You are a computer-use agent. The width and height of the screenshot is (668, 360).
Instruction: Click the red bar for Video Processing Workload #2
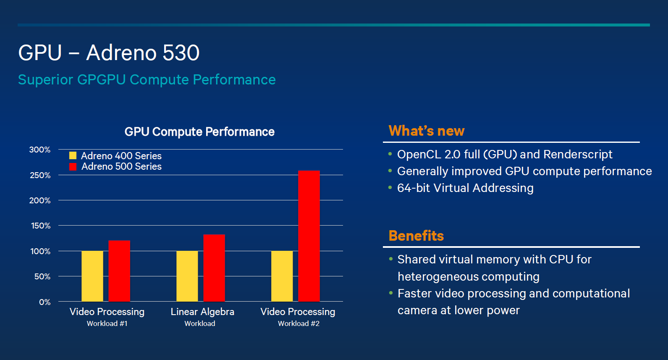click(309, 236)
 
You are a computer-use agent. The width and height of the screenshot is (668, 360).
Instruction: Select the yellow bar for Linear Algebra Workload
click(187, 276)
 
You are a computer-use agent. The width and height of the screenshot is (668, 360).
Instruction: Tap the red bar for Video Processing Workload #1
click(119, 271)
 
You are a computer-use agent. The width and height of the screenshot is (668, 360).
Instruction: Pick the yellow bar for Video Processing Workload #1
click(92, 276)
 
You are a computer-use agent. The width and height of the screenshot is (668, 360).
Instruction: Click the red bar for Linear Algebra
click(214, 268)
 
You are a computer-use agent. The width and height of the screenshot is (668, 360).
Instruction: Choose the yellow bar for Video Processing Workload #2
click(282, 276)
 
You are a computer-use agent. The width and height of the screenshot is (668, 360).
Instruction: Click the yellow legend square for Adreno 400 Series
click(73, 155)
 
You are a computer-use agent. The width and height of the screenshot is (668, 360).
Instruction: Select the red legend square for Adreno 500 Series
click(73, 166)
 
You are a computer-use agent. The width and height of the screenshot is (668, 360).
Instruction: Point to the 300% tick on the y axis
click(40, 150)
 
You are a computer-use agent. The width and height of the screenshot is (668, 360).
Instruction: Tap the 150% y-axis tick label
click(41, 226)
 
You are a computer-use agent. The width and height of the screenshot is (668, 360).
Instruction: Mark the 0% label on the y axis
click(45, 302)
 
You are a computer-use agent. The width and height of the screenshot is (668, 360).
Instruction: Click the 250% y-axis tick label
click(40, 175)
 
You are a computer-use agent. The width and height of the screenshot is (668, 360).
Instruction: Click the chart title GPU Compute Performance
click(199, 132)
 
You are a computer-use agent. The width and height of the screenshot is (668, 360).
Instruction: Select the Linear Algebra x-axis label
click(202, 312)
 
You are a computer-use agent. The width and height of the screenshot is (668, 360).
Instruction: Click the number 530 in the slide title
click(181, 53)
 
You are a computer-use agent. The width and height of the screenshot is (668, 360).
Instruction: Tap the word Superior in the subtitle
click(45, 80)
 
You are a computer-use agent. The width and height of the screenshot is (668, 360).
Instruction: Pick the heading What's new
click(427, 131)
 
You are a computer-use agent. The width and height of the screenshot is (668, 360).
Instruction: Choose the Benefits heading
click(416, 236)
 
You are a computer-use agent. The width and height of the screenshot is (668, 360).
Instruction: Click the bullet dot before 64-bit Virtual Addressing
click(390, 187)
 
